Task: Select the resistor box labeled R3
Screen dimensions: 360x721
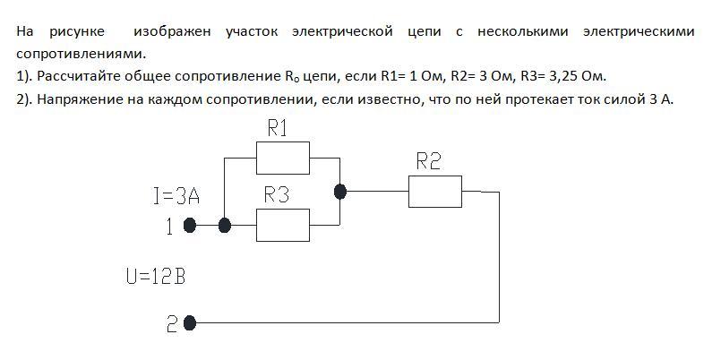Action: (x=283, y=225)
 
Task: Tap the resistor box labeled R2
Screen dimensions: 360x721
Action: (x=435, y=191)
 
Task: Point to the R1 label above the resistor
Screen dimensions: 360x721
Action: (x=278, y=129)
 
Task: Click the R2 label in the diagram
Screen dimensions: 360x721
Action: (x=429, y=161)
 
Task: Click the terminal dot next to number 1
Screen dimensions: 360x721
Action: (x=190, y=226)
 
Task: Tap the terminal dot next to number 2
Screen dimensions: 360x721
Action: (x=190, y=321)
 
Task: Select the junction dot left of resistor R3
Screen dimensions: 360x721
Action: (x=225, y=226)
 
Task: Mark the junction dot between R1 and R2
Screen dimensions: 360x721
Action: (x=339, y=191)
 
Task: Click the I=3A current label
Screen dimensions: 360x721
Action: (x=182, y=196)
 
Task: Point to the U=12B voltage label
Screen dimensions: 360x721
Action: (x=156, y=277)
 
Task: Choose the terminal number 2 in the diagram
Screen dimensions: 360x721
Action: (x=172, y=323)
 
